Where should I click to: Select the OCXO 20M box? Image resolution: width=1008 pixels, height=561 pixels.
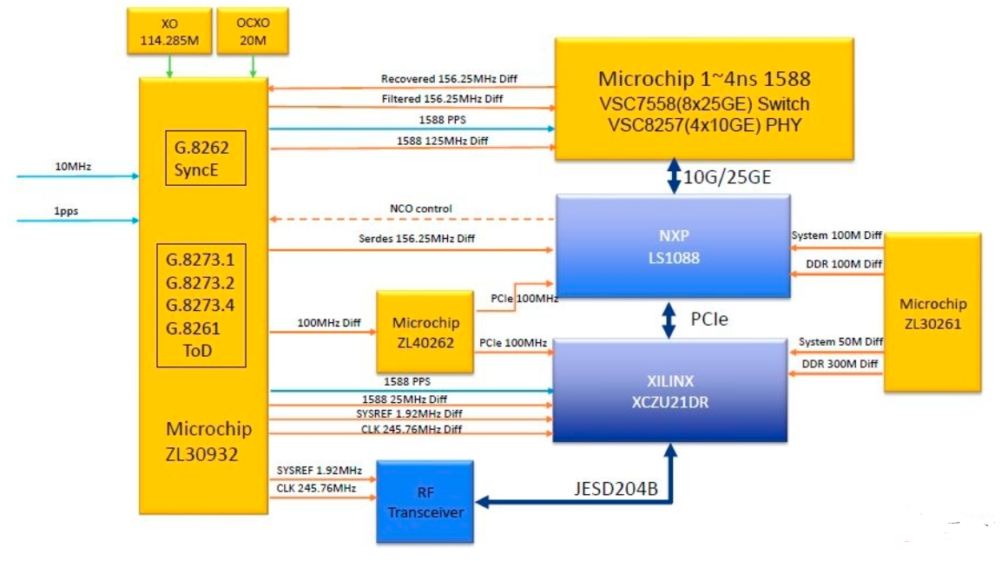pos(253,31)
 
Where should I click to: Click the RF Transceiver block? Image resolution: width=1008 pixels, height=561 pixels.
pos(425,502)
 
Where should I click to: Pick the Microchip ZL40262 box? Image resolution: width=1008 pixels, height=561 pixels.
pos(425,332)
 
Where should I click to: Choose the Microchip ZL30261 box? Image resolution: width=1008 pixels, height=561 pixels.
pos(932,313)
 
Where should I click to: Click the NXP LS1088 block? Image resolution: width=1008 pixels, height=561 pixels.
pos(672,246)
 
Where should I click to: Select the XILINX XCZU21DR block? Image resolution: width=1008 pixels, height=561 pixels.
pos(672,391)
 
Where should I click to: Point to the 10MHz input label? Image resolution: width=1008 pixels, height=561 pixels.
pos(73,166)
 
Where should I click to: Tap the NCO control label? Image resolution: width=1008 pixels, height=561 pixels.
pos(421,209)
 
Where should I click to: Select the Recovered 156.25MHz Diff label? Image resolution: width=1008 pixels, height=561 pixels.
pos(449,79)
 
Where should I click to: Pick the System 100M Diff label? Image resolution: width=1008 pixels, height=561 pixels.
pos(837,236)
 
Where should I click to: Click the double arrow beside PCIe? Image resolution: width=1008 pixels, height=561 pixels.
pos(670,320)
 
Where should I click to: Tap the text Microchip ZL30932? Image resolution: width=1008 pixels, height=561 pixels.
pos(209,440)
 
